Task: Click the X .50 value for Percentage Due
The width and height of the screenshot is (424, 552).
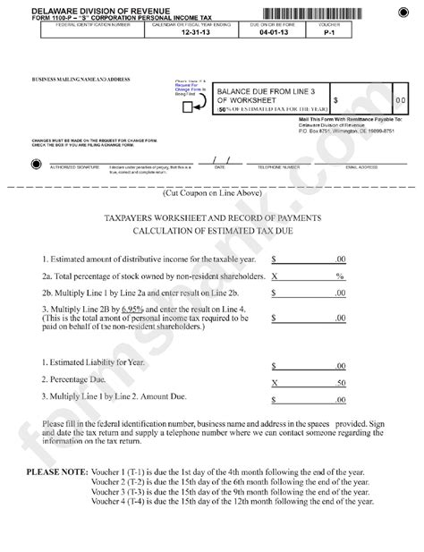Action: [308, 381]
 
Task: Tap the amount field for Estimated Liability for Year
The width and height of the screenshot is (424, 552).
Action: [308, 365]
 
